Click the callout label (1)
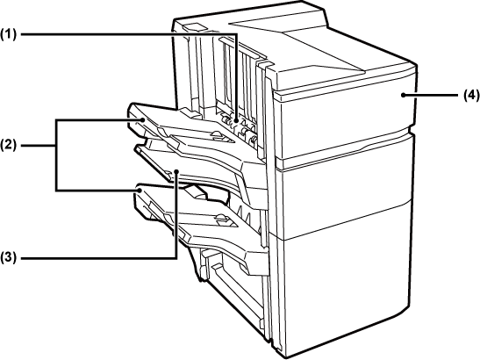(8, 34)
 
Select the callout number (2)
(8, 145)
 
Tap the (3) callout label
(8, 258)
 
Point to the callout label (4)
(471, 96)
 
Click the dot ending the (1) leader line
(236, 121)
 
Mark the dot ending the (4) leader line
(404, 96)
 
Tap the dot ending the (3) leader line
(176, 172)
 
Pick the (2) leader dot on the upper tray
(143, 119)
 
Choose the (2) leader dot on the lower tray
(140, 191)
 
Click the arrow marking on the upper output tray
(219, 135)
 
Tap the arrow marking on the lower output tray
(222, 219)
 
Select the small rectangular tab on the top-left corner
(193, 27)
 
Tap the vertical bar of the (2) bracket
(56, 155)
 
